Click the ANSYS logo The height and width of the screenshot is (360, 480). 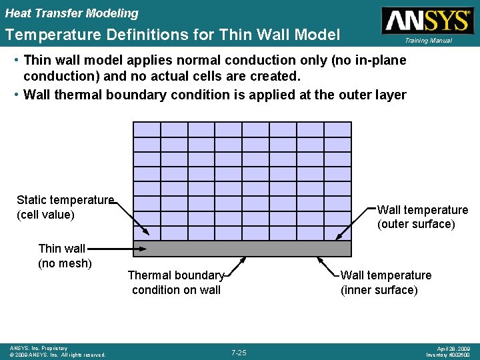(x=427, y=20)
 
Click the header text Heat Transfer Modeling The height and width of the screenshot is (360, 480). (x=72, y=13)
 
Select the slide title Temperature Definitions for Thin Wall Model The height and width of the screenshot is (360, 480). (x=173, y=35)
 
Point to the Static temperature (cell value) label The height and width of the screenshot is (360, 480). (x=65, y=207)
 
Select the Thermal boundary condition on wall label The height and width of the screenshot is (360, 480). (x=176, y=283)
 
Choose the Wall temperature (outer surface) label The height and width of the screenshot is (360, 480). (x=423, y=217)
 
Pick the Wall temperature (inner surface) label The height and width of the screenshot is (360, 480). (x=386, y=283)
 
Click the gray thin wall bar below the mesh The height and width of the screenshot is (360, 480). (x=242, y=249)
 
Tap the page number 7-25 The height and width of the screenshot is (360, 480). (x=239, y=352)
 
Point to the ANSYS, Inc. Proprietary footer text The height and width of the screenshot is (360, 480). (x=39, y=348)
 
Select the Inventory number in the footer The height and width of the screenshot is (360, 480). (x=449, y=355)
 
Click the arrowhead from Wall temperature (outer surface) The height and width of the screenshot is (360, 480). (x=339, y=237)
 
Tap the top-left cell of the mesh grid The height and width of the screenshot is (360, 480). (x=147, y=129)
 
